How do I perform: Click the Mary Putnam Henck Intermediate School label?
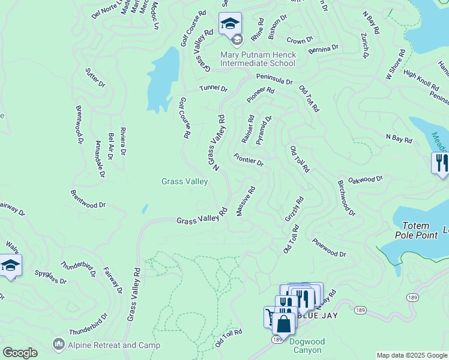258,59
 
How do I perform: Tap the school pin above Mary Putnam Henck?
230,25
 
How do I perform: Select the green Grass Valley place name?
184,181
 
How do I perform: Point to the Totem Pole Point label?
416,230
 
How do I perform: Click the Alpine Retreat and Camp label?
113,345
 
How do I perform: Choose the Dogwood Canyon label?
307,346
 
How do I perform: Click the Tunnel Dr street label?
214,89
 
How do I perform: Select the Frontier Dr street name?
249,160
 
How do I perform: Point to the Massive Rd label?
246,202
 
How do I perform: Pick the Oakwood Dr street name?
366,179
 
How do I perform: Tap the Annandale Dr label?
100,159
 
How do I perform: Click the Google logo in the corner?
20,353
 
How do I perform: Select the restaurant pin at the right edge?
441,163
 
